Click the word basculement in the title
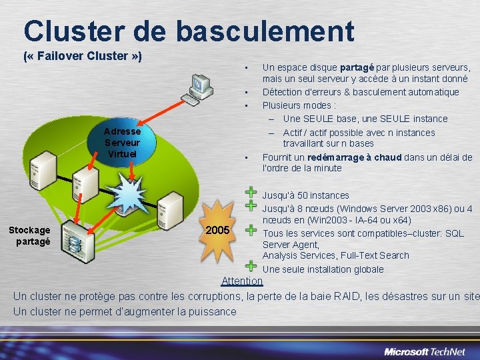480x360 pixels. pos(265,31)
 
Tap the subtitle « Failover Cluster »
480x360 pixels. pos(82,56)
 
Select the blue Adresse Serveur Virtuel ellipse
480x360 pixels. pos(122,143)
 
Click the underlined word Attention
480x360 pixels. pos(241,281)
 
